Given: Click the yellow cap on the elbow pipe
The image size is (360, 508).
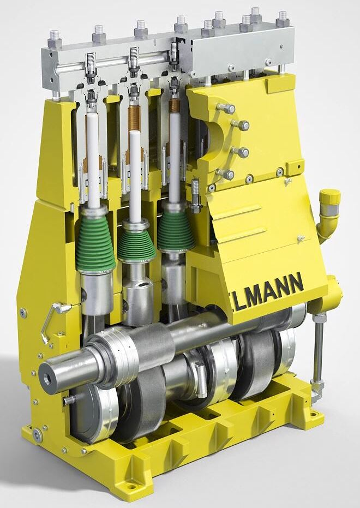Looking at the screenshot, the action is (x=330, y=196).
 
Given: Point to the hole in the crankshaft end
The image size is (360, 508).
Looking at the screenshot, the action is (x=47, y=378).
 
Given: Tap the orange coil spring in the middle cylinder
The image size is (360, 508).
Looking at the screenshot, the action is (x=134, y=118).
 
